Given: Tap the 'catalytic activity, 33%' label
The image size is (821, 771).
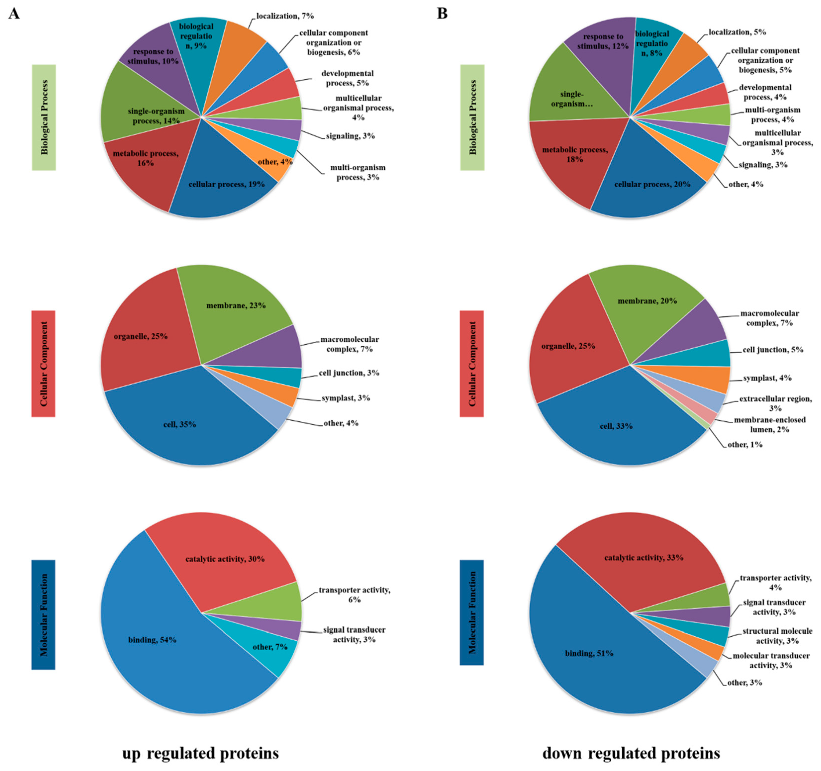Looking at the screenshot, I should click(643, 558).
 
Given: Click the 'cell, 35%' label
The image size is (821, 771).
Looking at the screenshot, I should click(179, 424).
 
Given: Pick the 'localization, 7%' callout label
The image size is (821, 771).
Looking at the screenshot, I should click(285, 16).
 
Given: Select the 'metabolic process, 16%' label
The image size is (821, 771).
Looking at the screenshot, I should click(145, 158).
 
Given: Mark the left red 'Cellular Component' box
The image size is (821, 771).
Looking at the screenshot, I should click(43, 363).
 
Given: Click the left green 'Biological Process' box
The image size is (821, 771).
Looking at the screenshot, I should click(44, 117).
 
